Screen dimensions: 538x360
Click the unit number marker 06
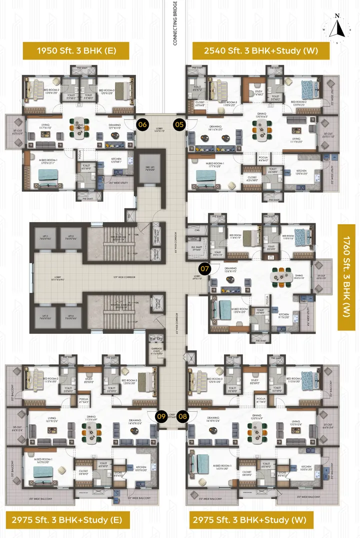click(142, 124)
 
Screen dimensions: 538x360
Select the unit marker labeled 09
click(161, 416)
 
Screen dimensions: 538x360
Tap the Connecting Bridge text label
click(175, 25)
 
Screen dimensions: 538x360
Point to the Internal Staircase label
click(119, 307)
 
